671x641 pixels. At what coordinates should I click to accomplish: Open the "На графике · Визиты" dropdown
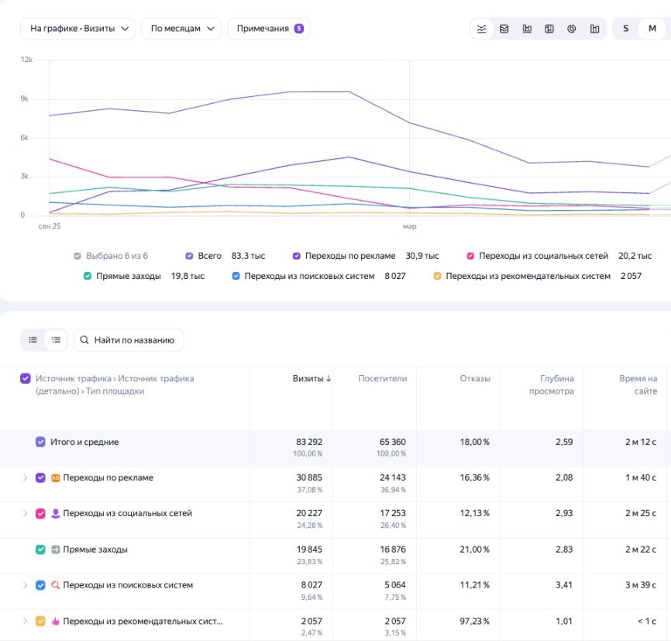coord(78,29)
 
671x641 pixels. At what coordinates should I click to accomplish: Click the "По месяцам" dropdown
coord(181,29)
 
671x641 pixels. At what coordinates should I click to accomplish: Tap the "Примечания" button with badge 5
coord(268,29)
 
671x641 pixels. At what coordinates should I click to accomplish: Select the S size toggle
coord(625,29)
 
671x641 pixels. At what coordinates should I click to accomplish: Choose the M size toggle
coord(652,29)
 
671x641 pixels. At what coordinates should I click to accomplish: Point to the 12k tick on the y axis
coord(26,60)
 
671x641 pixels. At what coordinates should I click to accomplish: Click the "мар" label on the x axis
coord(409,226)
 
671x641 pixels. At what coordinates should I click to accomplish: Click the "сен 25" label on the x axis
coord(50,226)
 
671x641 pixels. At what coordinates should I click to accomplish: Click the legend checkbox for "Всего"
coord(189,256)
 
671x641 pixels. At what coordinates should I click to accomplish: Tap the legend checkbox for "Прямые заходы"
coord(88,276)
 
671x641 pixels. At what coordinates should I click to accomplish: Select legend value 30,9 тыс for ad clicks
coord(422,256)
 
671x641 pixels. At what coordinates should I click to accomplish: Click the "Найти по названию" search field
coord(129,340)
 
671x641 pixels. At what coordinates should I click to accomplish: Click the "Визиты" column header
coord(311,378)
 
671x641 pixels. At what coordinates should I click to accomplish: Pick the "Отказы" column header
coord(475,378)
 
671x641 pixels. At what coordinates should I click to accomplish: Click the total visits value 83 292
coord(309,442)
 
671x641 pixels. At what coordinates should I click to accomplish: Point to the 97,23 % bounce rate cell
coord(474,621)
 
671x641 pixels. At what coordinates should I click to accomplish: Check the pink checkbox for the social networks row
coord(40,513)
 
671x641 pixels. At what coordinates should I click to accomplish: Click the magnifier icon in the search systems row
coord(55,585)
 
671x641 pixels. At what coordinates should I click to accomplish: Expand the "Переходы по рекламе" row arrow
coord(25,477)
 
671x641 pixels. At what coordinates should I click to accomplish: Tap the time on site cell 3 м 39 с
coord(641,585)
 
